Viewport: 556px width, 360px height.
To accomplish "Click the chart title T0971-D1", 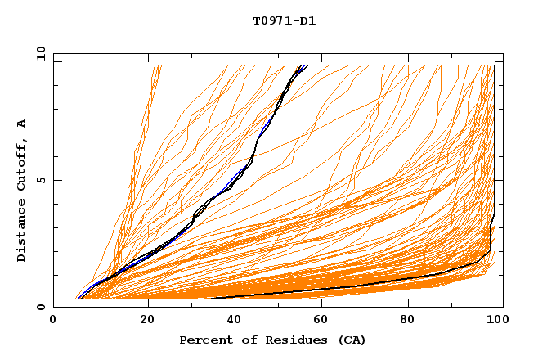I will click(x=284, y=21).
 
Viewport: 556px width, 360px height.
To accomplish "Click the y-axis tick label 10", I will click(x=40, y=53).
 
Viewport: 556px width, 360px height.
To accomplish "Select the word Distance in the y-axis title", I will click(x=22, y=232).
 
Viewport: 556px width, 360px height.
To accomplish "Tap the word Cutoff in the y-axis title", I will click(x=22, y=169).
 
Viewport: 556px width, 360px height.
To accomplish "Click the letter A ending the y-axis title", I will click(x=22, y=124).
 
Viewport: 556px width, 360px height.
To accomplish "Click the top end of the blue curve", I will click(x=307, y=65).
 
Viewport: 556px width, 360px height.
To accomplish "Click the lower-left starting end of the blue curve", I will click(x=78, y=298).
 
